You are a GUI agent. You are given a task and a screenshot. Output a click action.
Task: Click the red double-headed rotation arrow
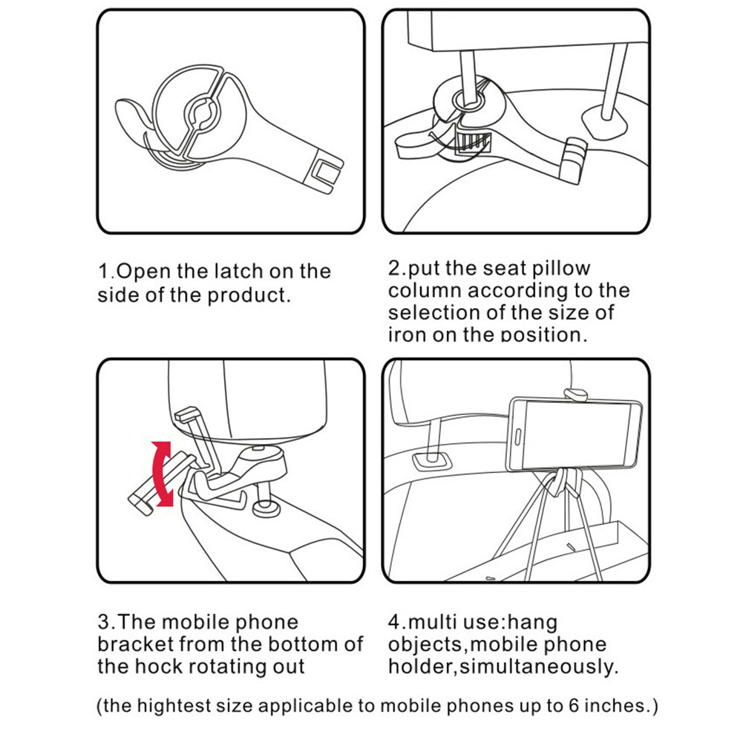click(162, 474)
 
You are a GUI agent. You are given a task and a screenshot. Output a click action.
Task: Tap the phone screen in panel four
click(577, 433)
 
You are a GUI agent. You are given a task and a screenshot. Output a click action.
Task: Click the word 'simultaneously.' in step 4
click(539, 667)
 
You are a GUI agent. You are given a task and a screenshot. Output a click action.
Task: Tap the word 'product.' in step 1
click(249, 295)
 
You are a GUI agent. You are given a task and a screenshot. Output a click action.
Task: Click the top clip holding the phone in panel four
click(575, 394)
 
